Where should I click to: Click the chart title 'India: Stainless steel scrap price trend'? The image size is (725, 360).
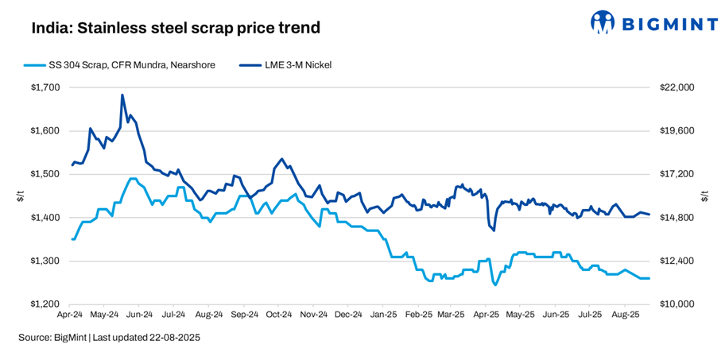(176, 28)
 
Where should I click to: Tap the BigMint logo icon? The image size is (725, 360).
(604, 23)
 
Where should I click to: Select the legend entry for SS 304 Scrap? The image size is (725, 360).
(120, 65)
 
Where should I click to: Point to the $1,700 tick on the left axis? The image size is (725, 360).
(45, 87)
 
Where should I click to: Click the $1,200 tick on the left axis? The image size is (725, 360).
(45, 304)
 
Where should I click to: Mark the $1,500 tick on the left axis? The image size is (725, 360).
(45, 174)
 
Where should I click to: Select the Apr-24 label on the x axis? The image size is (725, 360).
(71, 315)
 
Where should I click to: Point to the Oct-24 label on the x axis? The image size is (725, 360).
(279, 315)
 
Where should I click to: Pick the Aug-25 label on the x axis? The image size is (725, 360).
(625, 315)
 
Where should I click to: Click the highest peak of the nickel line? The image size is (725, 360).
(122, 95)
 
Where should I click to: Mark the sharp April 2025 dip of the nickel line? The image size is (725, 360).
(494, 230)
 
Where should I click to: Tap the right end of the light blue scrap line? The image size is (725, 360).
(649, 278)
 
